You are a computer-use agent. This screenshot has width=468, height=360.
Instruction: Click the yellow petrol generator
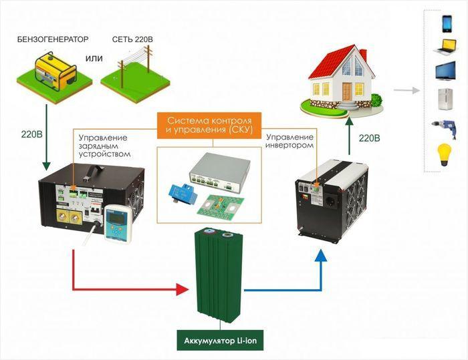(x=55, y=71)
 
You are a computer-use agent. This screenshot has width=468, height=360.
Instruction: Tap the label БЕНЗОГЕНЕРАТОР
(x=53, y=39)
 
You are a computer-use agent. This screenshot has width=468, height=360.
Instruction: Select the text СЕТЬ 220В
(x=132, y=39)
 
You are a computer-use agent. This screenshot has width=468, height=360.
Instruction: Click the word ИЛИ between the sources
(x=94, y=59)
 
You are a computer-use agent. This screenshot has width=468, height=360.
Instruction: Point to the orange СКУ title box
(x=209, y=126)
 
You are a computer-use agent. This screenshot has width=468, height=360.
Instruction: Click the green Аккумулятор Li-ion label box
(x=220, y=341)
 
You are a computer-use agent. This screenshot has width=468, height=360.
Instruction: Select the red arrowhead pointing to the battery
(x=183, y=289)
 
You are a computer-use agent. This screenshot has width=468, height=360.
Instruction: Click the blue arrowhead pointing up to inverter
(x=321, y=255)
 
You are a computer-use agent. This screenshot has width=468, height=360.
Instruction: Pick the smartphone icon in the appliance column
(x=447, y=23)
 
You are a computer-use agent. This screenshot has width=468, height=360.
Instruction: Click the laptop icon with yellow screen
(x=445, y=47)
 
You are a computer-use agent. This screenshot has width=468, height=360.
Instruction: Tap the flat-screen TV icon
(x=446, y=71)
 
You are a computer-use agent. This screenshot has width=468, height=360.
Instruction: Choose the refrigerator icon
(x=445, y=100)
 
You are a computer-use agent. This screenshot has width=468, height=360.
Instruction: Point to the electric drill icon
(x=445, y=129)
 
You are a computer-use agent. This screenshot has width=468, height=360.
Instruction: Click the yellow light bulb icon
(x=444, y=155)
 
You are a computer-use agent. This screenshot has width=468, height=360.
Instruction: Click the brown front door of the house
(x=347, y=92)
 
